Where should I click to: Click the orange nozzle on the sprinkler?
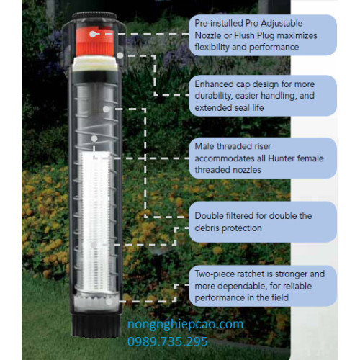click(94, 41)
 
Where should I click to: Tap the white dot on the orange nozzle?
click(92, 34)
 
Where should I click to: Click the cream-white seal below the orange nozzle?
click(95, 64)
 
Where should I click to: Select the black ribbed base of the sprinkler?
click(96, 325)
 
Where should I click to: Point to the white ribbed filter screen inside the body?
click(96, 221)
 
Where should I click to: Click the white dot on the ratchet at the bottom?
click(109, 302)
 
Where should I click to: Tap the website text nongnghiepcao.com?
click(185, 325)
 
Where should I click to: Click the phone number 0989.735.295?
click(168, 341)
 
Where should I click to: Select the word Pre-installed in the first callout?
click(218, 24)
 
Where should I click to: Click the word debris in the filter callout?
click(207, 228)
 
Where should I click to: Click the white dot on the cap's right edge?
click(120, 55)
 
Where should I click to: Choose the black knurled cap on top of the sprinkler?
click(94, 17)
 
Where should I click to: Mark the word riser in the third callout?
click(263, 146)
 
